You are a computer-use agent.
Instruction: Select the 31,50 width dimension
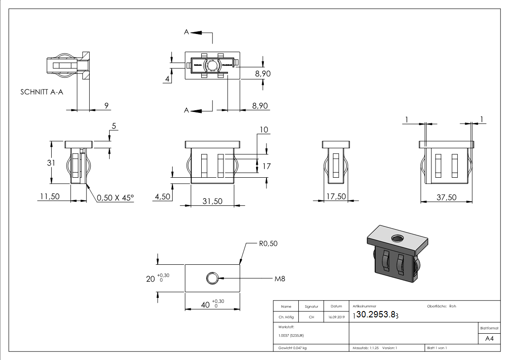(x=212, y=201)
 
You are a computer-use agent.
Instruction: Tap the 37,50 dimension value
(x=446, y=197)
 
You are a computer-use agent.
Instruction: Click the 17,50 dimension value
(x=336, y=197)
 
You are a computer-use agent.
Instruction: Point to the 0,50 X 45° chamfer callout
(x=115, y=197)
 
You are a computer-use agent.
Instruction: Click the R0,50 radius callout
(x=268, y=243)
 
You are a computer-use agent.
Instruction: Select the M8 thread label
(x=281, y=278)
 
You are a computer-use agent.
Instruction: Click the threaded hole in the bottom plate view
(x=212, y=278)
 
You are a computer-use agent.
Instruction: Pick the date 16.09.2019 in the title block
(x=336, y=317)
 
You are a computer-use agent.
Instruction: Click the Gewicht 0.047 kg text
(x=292, y=348)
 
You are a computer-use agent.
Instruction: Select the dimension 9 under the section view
(x=107, y=106)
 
